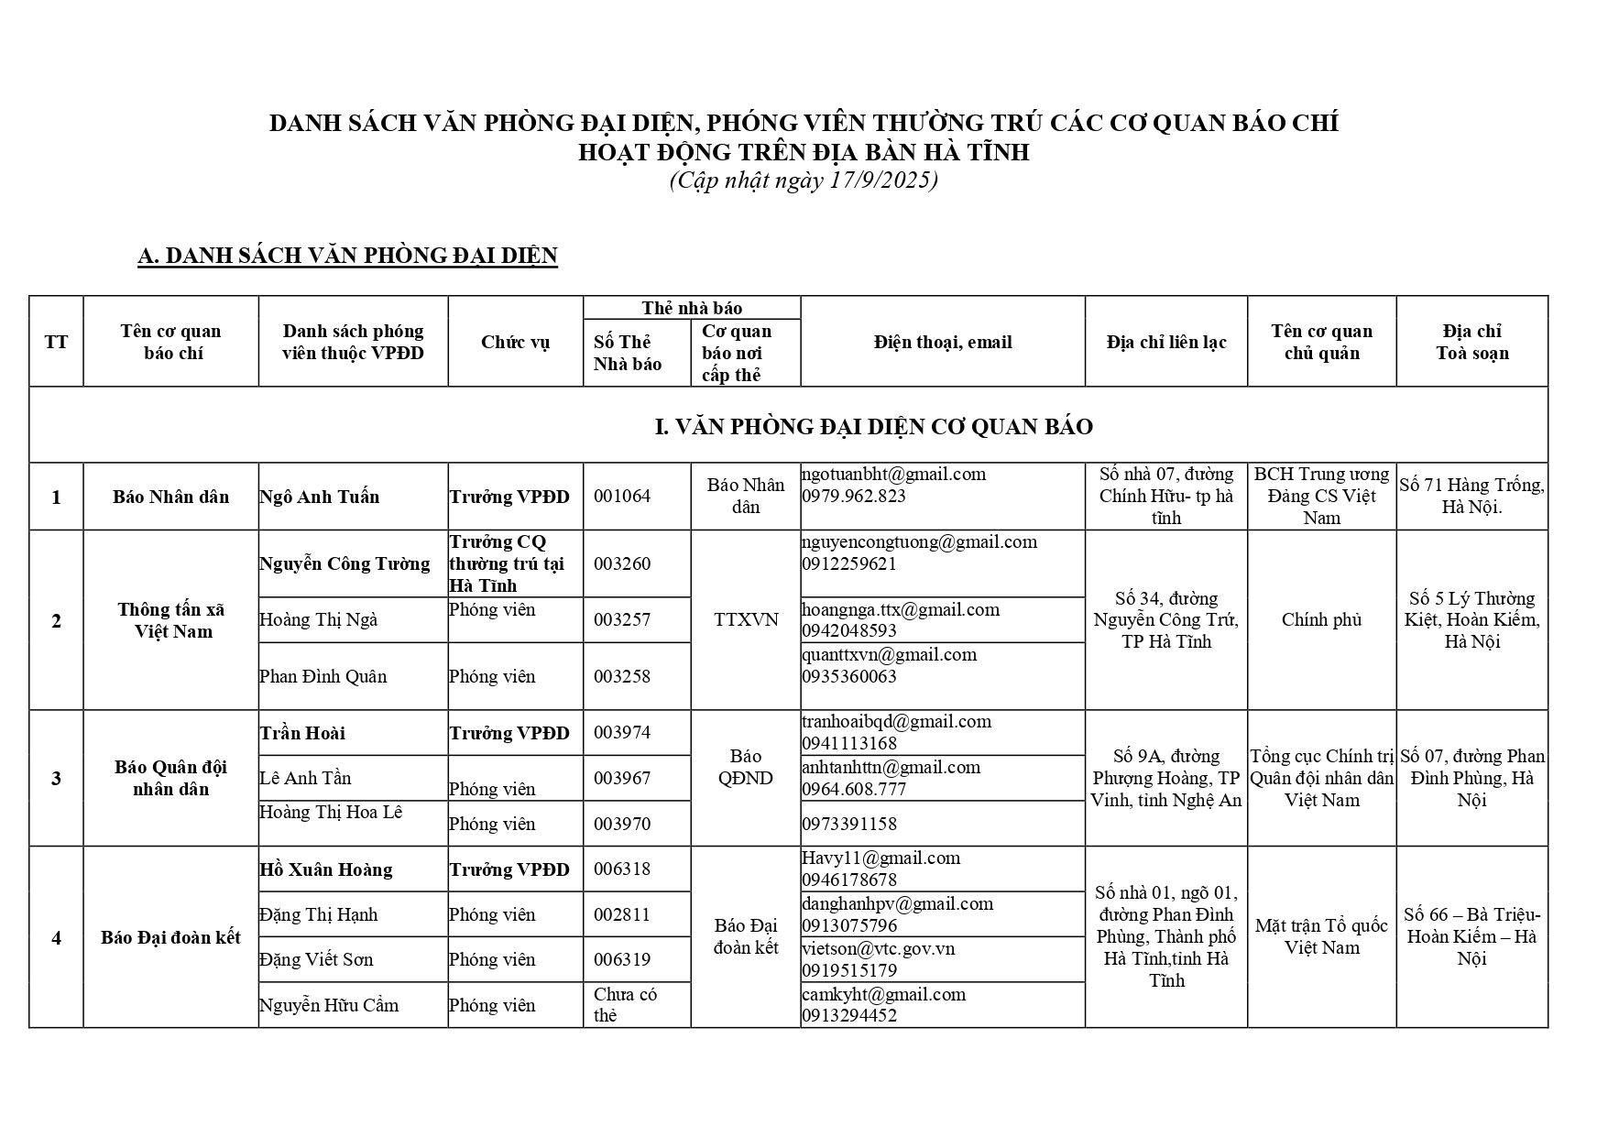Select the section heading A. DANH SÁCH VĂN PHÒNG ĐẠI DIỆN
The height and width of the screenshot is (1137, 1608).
point(347,256)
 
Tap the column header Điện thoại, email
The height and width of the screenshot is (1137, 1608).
point(942,342)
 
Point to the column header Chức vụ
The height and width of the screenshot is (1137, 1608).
point(515,342)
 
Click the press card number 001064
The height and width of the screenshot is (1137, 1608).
point(622,497)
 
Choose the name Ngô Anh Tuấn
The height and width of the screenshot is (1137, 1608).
point(319,497)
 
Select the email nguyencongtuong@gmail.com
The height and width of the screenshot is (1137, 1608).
point(919,541)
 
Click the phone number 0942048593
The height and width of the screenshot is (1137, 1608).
point(849,630)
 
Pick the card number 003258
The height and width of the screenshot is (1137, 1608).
point(622,676)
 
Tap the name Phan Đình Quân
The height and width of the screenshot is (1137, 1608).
point(323,676)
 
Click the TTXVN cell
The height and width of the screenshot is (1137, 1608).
point(746,619)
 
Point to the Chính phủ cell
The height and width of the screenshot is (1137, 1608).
point(1321,619)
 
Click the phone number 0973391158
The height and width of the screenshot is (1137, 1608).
point(849,824)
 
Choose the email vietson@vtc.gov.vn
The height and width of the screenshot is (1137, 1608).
point(878,948)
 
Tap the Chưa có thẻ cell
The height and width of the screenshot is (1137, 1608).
point(626,1004)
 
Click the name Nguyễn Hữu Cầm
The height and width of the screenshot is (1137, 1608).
point(328,1005)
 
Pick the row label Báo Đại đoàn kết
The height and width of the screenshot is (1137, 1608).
point(170,937)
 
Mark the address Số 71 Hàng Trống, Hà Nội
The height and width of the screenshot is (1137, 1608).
point(1471,496)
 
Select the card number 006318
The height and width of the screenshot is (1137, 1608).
point(622,869)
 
